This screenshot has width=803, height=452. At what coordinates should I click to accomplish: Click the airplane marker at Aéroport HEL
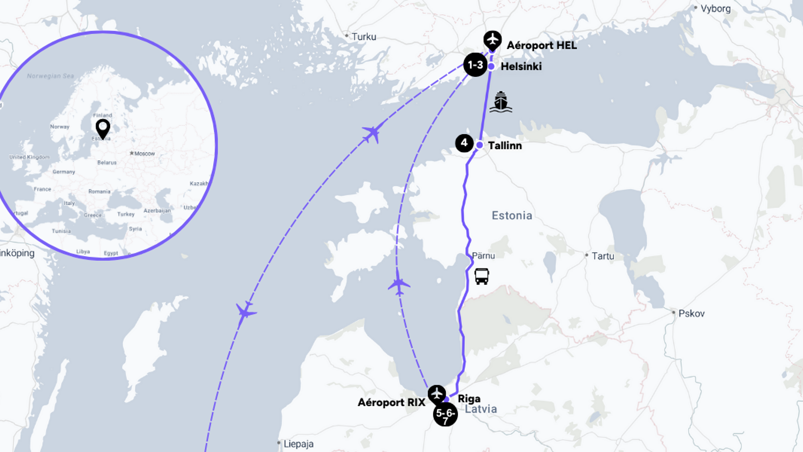point(492,40)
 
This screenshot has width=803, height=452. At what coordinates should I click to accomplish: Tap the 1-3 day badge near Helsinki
point(475,65)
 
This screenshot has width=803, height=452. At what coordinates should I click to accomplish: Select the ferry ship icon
point(501,102)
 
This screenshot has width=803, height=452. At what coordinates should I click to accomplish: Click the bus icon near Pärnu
point(481,276)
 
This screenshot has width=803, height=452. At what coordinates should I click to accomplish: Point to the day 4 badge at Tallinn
point(464,143)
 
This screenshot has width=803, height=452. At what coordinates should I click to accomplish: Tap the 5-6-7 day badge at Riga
point(445,414)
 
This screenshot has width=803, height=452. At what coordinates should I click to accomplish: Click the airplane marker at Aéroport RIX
point(437,394)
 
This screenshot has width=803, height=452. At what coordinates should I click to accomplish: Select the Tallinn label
point(505,145)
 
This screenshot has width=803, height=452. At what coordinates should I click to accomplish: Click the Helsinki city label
point(521,67)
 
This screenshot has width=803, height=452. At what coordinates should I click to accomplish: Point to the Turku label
point(364,37)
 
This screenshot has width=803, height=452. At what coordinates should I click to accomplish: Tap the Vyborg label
point(715,8)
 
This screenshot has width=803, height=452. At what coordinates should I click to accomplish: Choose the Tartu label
point(603,256)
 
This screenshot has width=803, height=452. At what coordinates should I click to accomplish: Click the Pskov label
point(691,313)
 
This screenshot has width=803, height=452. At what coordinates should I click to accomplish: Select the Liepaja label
point(298,444)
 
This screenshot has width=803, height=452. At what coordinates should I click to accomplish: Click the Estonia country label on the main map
point(512,215)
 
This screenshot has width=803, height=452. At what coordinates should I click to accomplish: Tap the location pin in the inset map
point(103,128)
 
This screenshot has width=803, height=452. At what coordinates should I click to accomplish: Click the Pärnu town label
point(483,256)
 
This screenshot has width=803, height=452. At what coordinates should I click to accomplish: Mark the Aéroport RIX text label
point(391,403)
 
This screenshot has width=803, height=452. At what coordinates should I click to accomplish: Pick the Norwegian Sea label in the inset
point(51,76)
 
